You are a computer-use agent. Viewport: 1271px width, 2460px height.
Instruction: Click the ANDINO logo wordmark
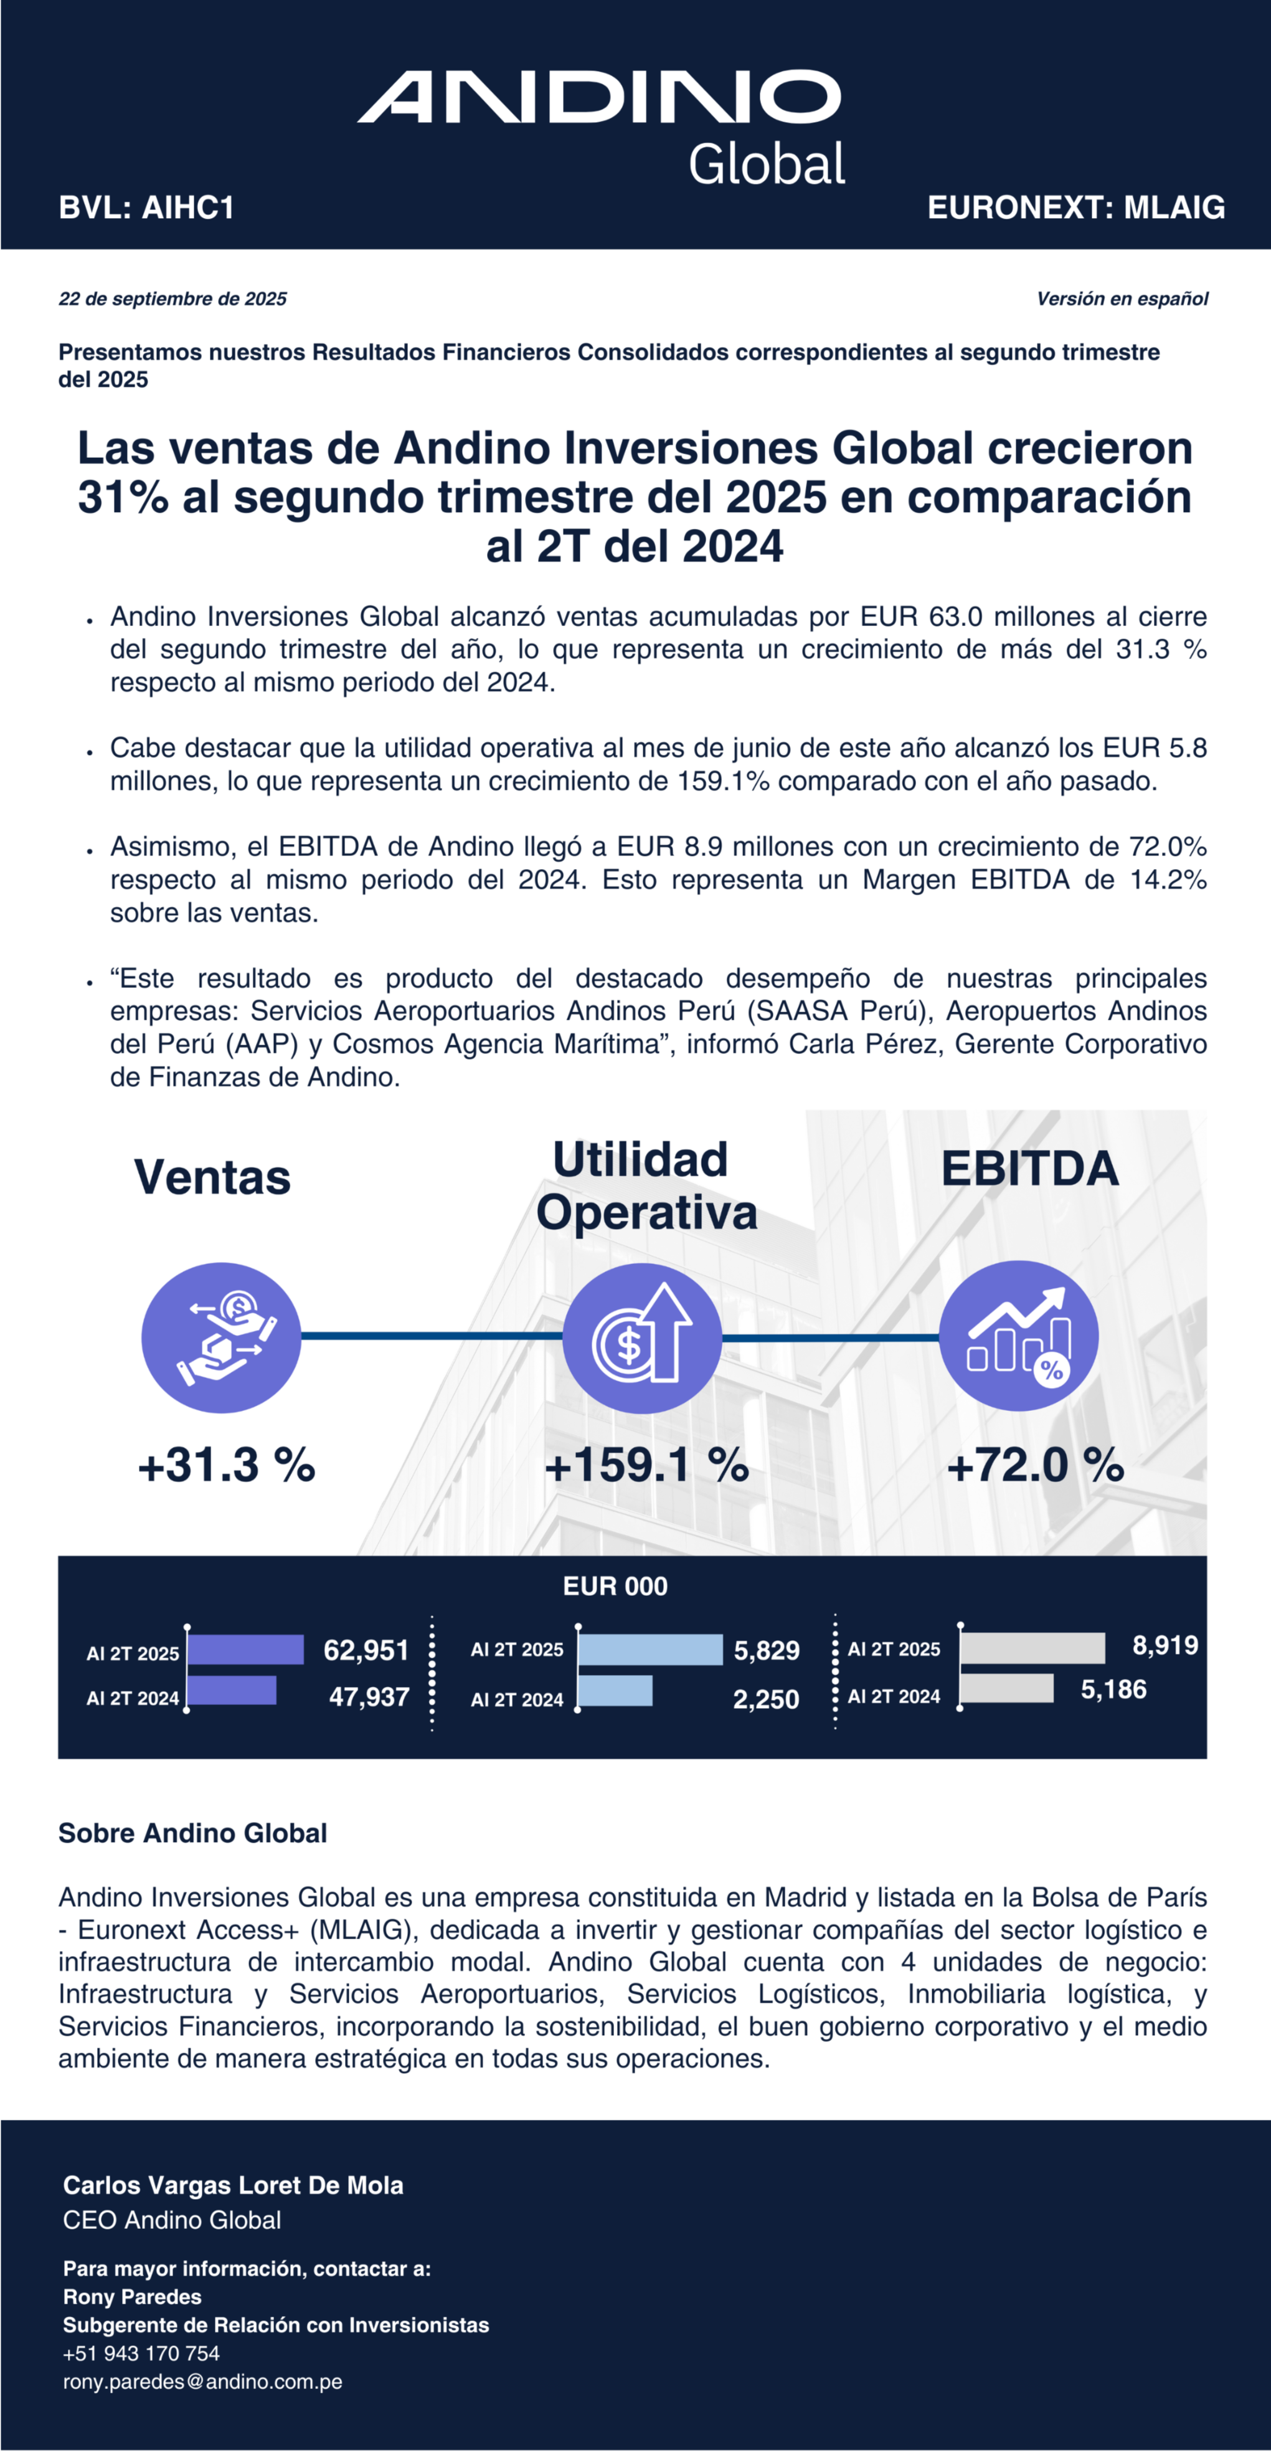point(598,97)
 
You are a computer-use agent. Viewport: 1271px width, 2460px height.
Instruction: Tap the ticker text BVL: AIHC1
point(146,207)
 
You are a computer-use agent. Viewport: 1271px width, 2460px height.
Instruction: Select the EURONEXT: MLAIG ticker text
point(1075,207)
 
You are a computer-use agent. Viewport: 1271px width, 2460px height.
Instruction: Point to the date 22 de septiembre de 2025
point(173,299)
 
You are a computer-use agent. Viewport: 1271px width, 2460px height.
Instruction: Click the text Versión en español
point(1122,299)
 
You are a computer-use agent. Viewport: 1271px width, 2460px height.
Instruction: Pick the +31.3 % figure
point(226,1465)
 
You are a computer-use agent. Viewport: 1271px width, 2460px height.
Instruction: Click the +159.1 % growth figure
point(646,1465)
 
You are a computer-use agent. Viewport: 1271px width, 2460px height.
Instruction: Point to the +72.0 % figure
point(1035,1465)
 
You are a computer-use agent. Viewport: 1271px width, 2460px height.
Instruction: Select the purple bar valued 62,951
point(245,1649)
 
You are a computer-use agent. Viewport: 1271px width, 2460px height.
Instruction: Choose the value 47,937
point(369,1697)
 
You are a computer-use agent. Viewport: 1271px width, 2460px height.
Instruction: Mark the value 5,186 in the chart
point(1113,1689)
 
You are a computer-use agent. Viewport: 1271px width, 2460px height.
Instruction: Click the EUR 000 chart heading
point(615,1586)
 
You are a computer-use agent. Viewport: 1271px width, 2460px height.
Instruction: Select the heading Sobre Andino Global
point(193,1833)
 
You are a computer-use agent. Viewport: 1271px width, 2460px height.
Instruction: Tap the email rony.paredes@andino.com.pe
point(202,2382)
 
